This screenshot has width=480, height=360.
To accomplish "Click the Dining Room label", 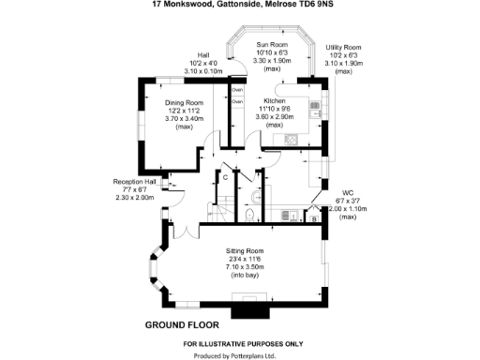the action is coord(185,103).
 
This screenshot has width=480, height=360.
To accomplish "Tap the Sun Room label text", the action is coord(273,45).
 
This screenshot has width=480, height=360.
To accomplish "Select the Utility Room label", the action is coord(343,47).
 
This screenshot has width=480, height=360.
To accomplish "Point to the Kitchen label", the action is coord(274,99).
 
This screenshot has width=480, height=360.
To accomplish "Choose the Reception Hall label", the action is coord(133,181).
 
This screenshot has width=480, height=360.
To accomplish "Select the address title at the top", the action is coord(240,5).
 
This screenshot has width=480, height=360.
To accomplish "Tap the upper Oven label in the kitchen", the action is coord(237,89).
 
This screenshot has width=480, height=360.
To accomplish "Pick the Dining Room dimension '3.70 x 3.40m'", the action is coord(185,119).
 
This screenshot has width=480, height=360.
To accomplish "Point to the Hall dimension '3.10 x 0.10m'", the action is coord(203,71).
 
